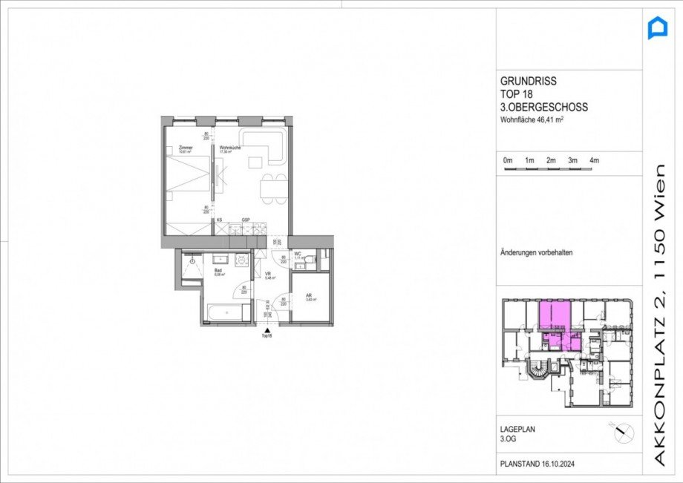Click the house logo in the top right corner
[x=658, y=28]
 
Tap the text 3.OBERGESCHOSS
[x=543, y=108]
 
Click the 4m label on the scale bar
[x=594, y=160]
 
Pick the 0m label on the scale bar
[x=508, y=160]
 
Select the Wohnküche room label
[x=229, y=148]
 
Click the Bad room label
[x=218, y=272]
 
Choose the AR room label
[x=309, y=296]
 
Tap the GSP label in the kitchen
[x=245, y=220]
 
